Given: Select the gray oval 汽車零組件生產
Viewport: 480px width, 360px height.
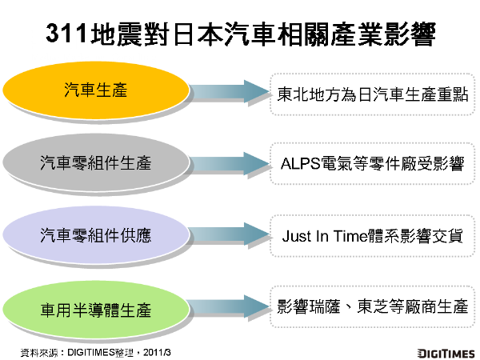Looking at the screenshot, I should tap(96, 163).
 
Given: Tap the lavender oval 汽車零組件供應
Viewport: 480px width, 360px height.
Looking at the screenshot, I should tap(96, 236).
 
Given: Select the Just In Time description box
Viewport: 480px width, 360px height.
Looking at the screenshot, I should tap(372, 237).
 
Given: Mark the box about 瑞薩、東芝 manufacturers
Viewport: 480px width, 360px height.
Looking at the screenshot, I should tap(372, 308).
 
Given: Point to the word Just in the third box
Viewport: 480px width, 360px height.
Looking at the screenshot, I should tap(296, 238).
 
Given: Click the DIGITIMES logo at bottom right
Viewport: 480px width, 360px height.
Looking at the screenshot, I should tap(445, 352).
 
